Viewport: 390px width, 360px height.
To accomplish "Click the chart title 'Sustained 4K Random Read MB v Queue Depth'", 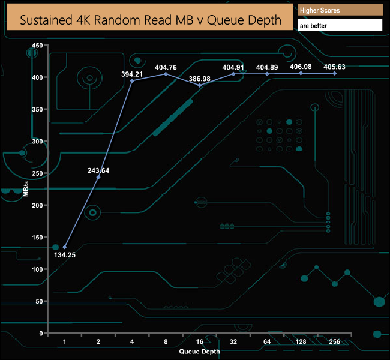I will point(151,19).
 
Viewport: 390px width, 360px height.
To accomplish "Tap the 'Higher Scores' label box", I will point(340,10).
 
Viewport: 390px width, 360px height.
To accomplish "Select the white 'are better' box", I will point(340,25).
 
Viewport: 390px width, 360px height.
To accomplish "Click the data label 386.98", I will point(200,79).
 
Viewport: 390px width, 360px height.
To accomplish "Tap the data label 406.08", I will point(301,67).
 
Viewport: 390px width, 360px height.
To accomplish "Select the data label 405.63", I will point(334,67).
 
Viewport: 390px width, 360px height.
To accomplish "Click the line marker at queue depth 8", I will point(166,74).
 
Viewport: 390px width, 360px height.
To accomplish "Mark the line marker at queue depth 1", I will point(64,247).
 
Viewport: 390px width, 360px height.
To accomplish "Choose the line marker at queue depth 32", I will point(233,74).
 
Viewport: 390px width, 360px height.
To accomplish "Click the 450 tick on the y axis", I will point(37,46).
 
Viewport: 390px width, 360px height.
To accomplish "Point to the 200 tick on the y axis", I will point(37,205).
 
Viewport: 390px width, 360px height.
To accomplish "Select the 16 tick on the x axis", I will point(199,342).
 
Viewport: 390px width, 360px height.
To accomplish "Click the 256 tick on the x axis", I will point(334,342).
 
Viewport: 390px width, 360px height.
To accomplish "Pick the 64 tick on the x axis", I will point(267,342).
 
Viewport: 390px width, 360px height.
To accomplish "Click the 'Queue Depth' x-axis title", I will point(199,352).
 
